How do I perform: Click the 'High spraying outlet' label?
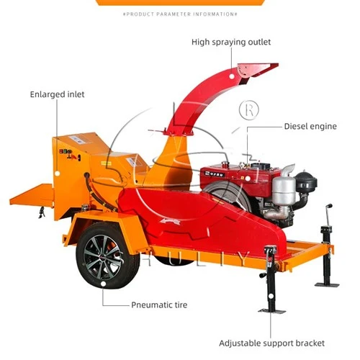tap(231, 42)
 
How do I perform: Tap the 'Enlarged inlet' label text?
tap(57, 94)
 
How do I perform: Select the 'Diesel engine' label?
tap(310, 126)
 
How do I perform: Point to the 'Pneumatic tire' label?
tap(159, 305)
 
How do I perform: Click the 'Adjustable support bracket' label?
tap(271, 343)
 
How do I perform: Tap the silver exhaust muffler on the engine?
tap(284, 189)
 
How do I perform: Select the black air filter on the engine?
tap(306, 181)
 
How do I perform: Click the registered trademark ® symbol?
tap(249, 110)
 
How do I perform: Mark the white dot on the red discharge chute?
tap(232, 76)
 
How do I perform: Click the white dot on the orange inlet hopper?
tap(57, 173)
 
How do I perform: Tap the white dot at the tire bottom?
tap(103, 284)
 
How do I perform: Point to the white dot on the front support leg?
tap(271, 296)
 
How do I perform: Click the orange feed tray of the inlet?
tap(31, 195)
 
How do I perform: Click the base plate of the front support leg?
tap(271, 311)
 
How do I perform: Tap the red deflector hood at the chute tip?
tap(257, 71)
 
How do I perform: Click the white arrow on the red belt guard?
tap(170, 222)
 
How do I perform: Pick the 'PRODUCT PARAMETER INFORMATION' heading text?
tap(180, 14)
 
